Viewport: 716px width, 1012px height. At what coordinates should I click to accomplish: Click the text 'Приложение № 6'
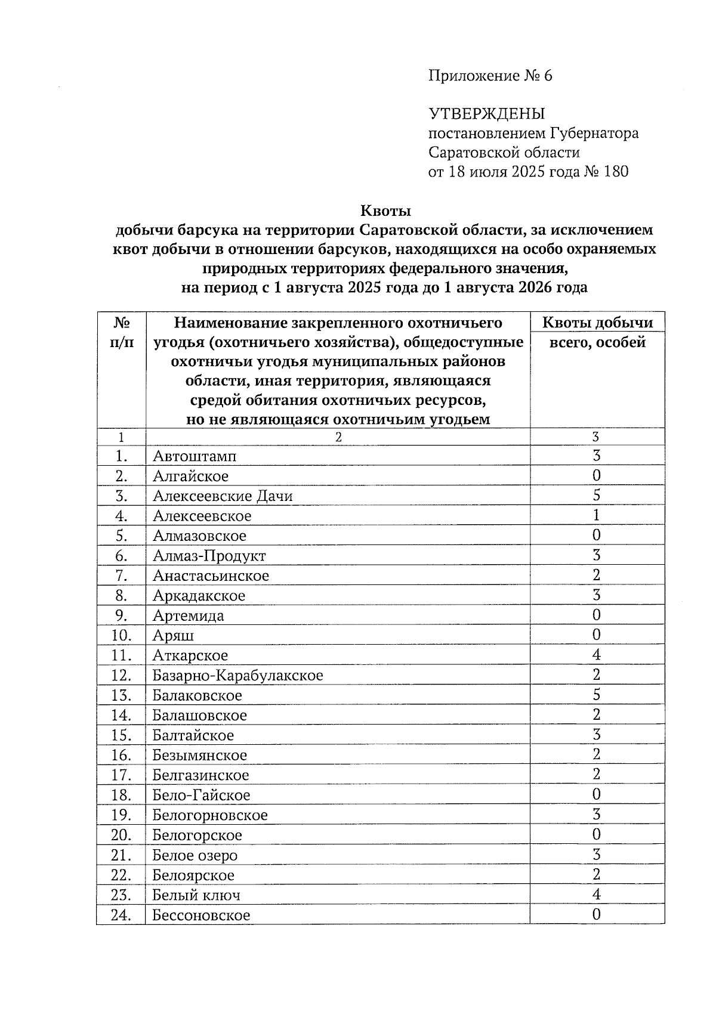click(490, 76)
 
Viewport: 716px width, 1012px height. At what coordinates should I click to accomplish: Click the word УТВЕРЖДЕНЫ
click(487, 113)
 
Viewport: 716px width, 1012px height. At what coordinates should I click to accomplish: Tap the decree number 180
click(616, 172)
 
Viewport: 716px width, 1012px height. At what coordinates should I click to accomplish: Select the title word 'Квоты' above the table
click(385, 211)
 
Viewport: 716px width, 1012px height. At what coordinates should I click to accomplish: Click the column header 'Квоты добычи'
click(597, 323)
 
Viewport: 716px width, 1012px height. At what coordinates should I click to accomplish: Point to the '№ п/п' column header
click(121, 333)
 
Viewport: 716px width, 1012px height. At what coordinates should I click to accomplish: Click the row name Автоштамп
click(195, 456)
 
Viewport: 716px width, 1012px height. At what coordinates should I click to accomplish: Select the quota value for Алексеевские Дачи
click(596, 496)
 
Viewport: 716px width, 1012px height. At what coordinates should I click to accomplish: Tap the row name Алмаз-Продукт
click(209, 556)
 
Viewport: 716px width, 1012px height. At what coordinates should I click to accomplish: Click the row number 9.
click(121, 615)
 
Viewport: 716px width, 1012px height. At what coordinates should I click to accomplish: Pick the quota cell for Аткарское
click(596, 655)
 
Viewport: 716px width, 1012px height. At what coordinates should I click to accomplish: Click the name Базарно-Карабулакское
click(237, 676)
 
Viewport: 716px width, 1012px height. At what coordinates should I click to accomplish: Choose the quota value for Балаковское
click(596, 695)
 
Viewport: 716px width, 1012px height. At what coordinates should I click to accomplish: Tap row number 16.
click(121, 755)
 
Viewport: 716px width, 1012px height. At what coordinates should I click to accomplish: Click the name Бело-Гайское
click(201, 795)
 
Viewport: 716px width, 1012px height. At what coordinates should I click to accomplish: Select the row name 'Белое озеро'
click(195, 855)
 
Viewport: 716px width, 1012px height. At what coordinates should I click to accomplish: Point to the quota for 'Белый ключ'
click(596, 895)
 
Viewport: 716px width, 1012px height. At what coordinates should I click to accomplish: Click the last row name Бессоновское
click(201, 915)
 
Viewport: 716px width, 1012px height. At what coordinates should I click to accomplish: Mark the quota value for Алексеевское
click(596, 515)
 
